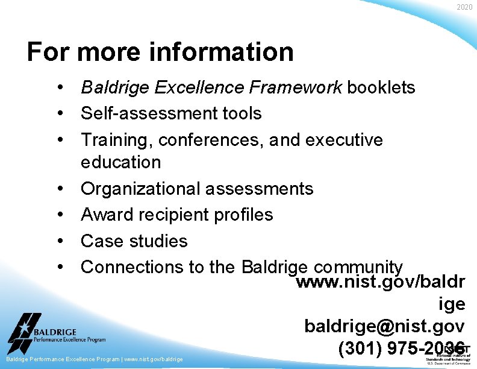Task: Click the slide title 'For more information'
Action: [x=160, y=52]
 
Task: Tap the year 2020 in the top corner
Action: [x=464, y=7]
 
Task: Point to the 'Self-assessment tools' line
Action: [x=171, y=113]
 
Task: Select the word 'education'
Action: [x=120, y=162]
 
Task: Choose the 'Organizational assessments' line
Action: [x=197, y=189]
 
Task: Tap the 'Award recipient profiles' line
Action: [x=176, y=215]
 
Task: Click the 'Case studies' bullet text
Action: [x=134, y=241]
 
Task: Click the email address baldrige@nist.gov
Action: [x=384, y=326]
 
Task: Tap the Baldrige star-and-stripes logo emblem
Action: [x=24, y=332]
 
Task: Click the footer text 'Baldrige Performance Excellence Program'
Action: [x=63, y=359]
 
